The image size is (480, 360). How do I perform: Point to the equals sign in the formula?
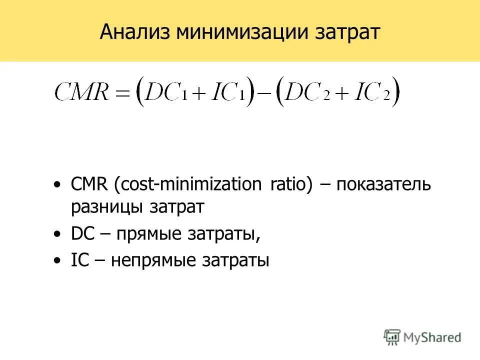coord(123,93)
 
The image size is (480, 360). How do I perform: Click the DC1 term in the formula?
coord(168,92)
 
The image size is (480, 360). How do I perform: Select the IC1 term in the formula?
coord(228,92)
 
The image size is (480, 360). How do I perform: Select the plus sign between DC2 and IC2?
coord(340,93)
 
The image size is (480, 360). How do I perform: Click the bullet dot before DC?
coord(58,234)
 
